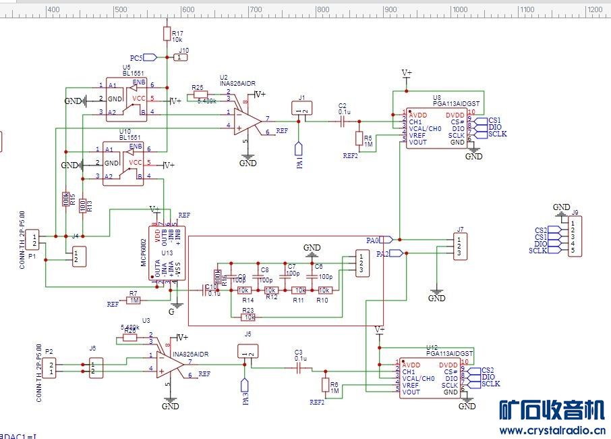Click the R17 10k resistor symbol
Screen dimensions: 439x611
point(167,33)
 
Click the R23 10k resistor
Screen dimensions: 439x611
point(249,316)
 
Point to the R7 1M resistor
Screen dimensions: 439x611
point(134,300)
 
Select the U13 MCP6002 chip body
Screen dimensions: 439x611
point(167,253)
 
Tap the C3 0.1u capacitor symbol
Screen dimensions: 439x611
point(299,368)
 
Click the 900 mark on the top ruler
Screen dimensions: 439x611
point(390,9)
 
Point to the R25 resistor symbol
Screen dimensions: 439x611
point(200,95)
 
